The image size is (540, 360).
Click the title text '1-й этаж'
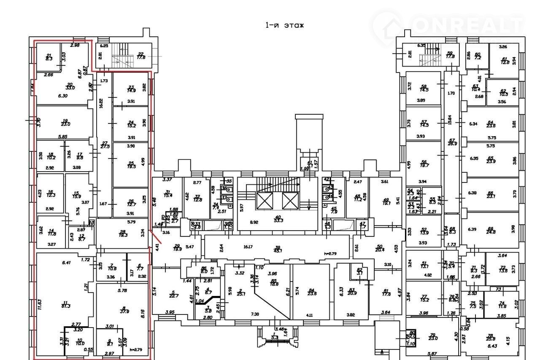pos(284,25)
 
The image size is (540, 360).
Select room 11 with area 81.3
pos(65,305)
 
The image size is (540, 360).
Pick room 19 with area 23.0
pos(65,122)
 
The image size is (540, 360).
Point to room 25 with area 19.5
pos(131,164)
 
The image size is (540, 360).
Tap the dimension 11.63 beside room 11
pos(39,305)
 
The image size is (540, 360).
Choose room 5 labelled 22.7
pos(173,293)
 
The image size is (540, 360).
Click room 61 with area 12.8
pos(504,61)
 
